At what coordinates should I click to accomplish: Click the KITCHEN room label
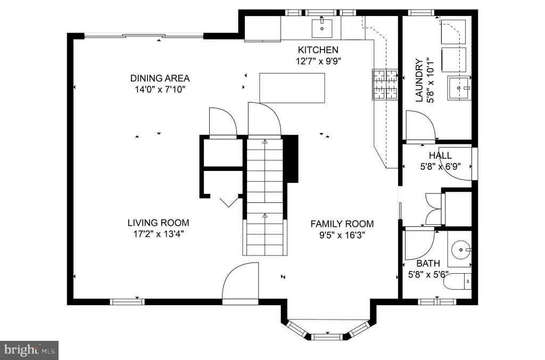click(x=318, y=50)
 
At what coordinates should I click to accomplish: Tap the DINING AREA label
click(x=160, y=78)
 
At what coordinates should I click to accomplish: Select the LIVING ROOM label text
click(x=158, y=223)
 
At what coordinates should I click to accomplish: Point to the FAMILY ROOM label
click(x=342, y=224)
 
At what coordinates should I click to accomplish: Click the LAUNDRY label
click(x=419, y=80)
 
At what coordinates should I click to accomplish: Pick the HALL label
click(x=440, y=155)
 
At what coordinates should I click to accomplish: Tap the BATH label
click(x=428, y=263)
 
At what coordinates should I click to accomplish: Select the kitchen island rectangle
click(x=292, y=88)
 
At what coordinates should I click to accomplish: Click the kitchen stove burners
click(x=385, y=84)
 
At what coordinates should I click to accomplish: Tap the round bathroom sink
click(x=461, y=250)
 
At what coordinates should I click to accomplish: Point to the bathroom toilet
click(x=457, y=281)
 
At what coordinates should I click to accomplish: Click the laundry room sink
click(x=459, y=88)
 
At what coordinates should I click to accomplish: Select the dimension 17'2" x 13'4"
click(x=159, y=234)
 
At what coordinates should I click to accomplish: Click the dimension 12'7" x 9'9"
click(x=318, y=61)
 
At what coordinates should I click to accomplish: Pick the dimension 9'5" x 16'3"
click(x=342, y=235)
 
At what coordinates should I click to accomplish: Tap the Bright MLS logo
click(x=29, y=350)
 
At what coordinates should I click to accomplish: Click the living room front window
click(x=127, y=302)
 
